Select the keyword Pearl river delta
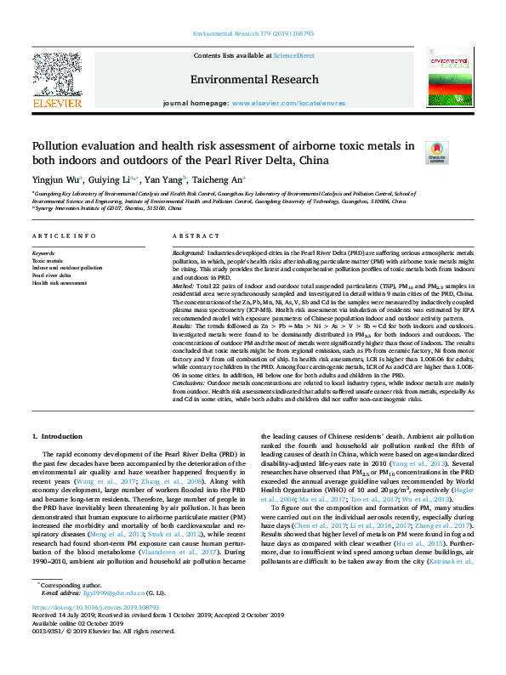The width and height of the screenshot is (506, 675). click(x=51, y=275)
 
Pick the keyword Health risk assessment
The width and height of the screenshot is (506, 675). click(x=60, y=283)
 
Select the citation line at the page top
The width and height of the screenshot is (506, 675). click(x=253, y=32)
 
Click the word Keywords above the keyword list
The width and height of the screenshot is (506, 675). click(x=44, y=253)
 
